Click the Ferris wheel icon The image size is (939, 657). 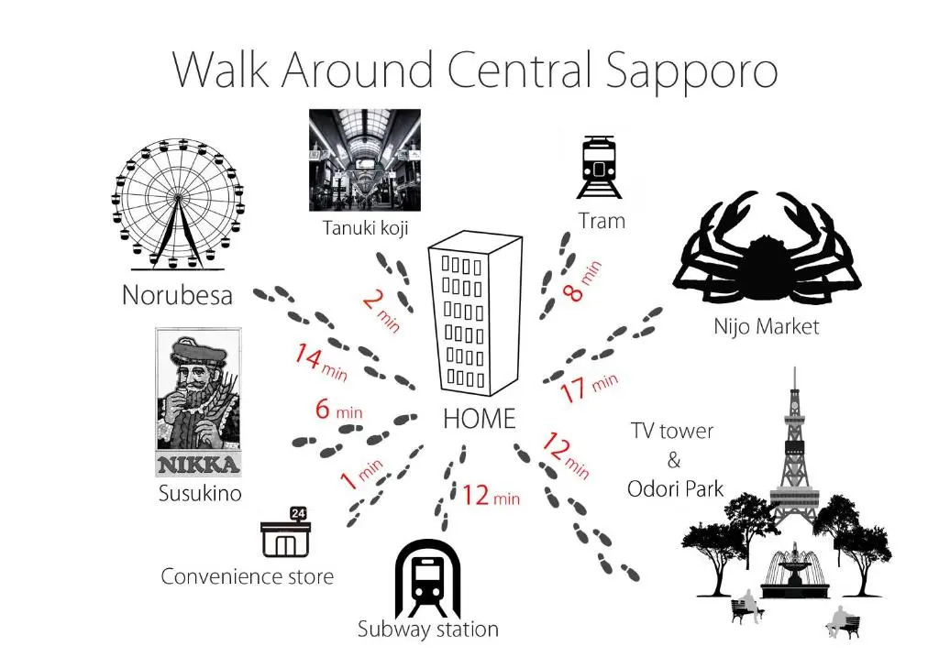[178, 203]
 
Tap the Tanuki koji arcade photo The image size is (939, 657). [365, 159]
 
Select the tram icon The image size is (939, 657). [598, 167]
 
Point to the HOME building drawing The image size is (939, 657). [476, 313]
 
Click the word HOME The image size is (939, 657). [479, 419]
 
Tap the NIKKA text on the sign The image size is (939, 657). [198, 465]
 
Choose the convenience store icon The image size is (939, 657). [286, 532]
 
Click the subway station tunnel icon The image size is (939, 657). [427, 578]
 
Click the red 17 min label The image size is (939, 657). [589, 387]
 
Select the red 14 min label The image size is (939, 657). [320, 362]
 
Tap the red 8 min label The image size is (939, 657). [581, 281]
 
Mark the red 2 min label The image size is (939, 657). [381, 311]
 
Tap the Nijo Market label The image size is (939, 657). [767, 327]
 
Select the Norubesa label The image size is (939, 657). [177, 295]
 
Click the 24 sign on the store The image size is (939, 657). [298, 513]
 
